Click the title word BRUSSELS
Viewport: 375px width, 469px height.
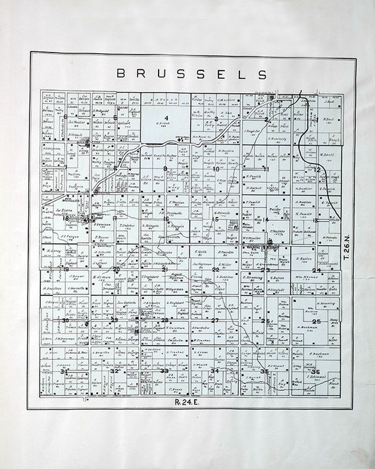click(x=191, y=74)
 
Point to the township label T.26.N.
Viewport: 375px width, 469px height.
click(x=347, y=249)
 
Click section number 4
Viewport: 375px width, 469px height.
click(x=166, y=118)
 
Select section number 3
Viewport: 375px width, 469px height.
click(x=216, y=119)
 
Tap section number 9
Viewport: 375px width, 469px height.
click(x=166, y=169)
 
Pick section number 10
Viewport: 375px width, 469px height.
click(x=216, y=169)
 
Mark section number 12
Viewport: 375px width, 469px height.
click(x=316, y=169)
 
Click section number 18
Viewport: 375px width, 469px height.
click(x=65, y=218)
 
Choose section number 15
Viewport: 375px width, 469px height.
click(x=215, y=219)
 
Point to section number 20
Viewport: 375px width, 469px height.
click(x=116, y=270)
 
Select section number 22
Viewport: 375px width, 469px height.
click(x=215, y=270)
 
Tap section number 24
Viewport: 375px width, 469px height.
click(x=316, y=270)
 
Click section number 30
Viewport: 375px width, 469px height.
click(x=65, y=320)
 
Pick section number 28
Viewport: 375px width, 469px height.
click(x=165, y=320)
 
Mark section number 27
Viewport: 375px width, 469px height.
click(x=214, y=320)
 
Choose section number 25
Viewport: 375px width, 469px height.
click(x=316, y=321)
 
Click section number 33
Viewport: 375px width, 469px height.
click(x=165, y=371)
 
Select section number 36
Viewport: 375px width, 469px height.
click(x=316, y=372)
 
